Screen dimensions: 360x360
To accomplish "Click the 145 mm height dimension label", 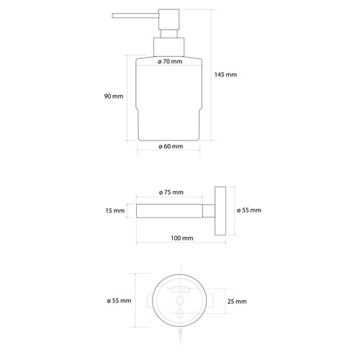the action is [225, 75].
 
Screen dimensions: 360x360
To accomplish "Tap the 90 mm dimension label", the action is [114, 96].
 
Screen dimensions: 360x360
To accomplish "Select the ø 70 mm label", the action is [170, 61].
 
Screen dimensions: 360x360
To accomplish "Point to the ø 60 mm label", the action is [171, 146].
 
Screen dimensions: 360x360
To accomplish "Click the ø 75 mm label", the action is [171, 192].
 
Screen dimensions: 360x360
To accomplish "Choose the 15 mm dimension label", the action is [115, 211].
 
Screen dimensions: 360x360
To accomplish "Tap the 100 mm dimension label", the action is [182, 238].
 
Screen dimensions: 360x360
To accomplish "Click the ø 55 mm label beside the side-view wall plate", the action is [249, 210].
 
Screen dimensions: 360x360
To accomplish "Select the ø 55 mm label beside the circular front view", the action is [119, 301].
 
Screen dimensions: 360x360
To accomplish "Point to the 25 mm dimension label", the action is [237, 302].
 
